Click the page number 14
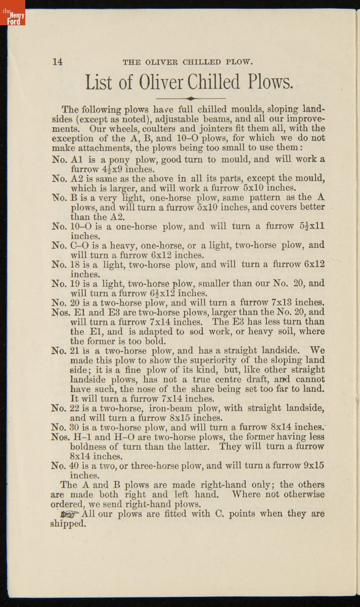58,62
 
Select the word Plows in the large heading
271,82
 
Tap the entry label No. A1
69,159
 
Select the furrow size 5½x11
309,227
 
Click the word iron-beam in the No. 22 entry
173,408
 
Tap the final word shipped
68,524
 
